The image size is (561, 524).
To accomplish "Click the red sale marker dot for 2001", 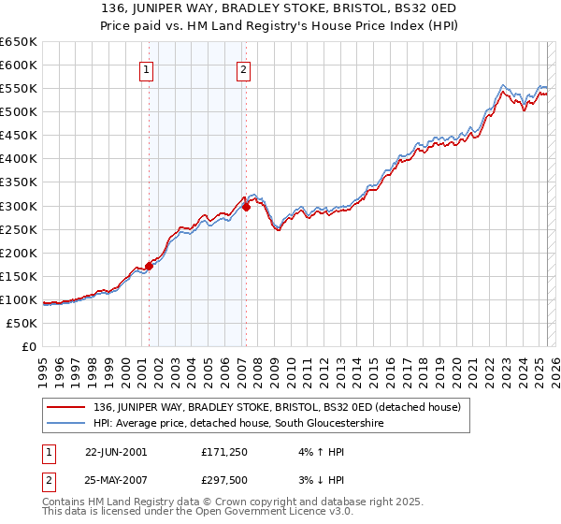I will click(x=150, y=266).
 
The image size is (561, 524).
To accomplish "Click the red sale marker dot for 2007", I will click(x=247, y=207).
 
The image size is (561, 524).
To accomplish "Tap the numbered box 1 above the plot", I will click(x=147, y=68).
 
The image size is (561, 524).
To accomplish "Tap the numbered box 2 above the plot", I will click(x=243, y=68).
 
